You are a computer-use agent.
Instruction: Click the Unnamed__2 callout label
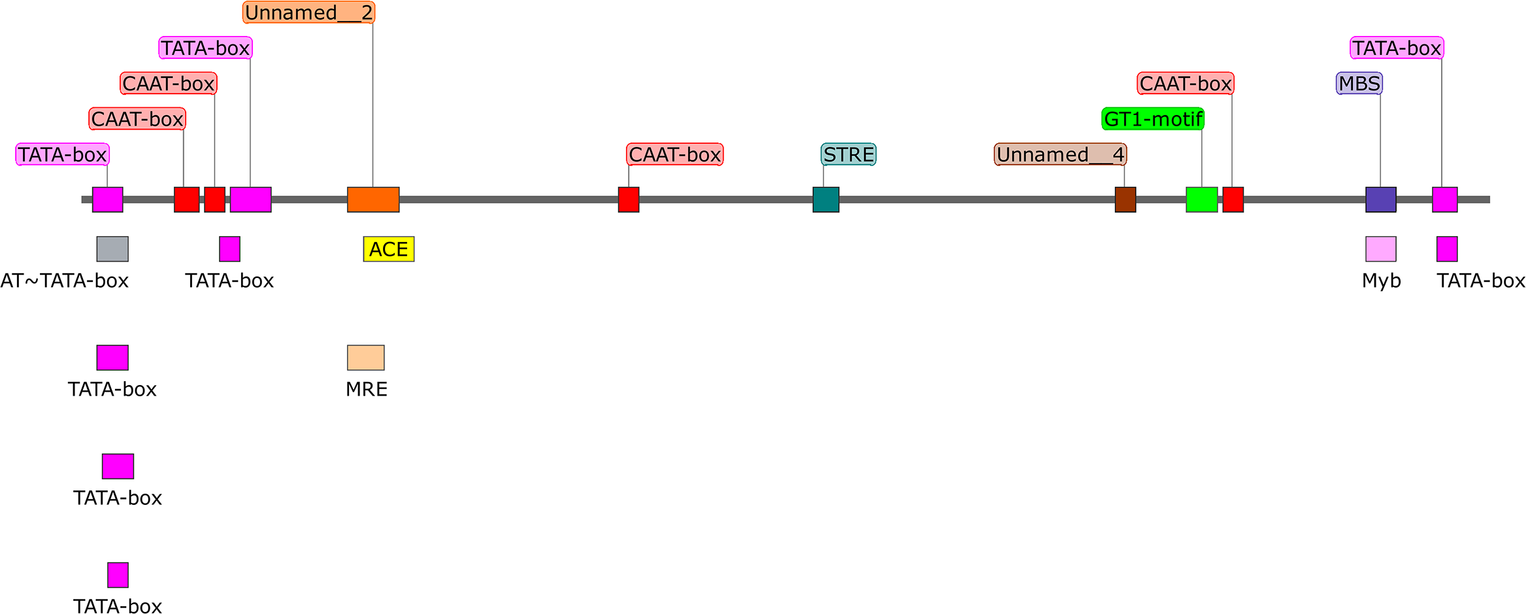pos(308,12)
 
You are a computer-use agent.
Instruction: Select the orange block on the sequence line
pos(373,199)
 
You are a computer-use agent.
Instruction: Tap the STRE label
pos(848,154)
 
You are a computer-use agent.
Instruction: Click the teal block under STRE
pos(825,199)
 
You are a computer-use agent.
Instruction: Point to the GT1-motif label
pos(1153,119)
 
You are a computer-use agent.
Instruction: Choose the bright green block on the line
pos(1201,199)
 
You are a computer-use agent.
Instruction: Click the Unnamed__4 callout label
pos(1060,154)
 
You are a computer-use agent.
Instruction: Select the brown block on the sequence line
pos(1125,199)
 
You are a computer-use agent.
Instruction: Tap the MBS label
pos(1359,83)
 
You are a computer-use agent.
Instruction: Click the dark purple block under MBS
pos(1380,199)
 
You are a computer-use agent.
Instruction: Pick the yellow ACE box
pos(388,249)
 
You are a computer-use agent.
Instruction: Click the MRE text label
pos(366,389)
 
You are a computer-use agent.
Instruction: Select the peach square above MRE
pos(365,358)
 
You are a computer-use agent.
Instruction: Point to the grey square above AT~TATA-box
pos(112,249)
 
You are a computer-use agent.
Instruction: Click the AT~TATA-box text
pos(64,281)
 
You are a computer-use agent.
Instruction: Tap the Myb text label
pos(1381,281)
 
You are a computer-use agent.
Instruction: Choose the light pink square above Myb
pos(1380,249)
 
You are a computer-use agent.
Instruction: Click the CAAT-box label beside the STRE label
pos(674,154)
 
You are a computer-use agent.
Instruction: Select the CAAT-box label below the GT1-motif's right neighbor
pos(1186,83)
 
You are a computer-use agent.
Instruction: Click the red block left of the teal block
pos(628,199)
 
